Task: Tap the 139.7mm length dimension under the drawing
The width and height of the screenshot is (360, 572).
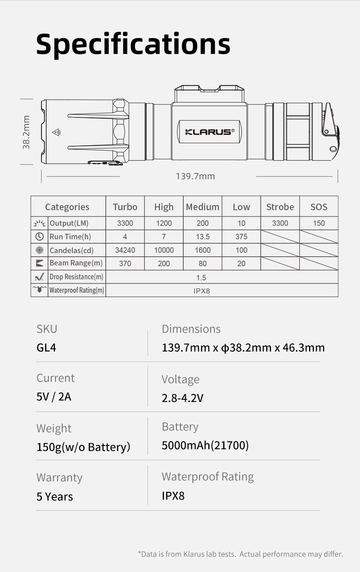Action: (x=195, y=176)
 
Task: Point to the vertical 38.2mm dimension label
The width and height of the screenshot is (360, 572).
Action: (x=26, y=132)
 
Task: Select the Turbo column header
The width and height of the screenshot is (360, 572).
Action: (x=125, y=207)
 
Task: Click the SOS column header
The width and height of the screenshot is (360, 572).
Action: (x=319, y=207)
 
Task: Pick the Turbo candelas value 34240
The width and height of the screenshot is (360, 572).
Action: (x=125, y=250)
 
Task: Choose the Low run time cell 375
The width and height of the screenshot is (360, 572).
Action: (x=241, y=237)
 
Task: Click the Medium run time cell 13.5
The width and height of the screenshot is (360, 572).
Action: (x=203, y=237)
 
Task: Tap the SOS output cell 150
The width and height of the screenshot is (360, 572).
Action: (x=319, y=223)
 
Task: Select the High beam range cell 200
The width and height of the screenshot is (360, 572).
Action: (x=164, y=264)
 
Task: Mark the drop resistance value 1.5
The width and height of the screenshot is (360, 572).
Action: (x=201, y=278)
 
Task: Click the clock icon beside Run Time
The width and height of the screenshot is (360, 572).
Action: (x=39, y=237)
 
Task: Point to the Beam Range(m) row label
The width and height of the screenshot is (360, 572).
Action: (x=76, y=263)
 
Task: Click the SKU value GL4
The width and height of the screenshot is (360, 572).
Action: (x=46, y=348)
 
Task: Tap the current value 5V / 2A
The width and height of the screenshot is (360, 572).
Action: (x=54, y=397)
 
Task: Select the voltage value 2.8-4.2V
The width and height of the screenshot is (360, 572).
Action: (x=183, y=398)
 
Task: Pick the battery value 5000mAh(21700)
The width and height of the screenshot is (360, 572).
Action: (x=205, y=445)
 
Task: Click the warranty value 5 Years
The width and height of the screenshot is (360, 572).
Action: (x=55, y=497)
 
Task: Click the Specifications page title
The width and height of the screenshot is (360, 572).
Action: (x=133, y=44)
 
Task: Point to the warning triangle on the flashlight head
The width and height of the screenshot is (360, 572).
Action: (x=56, y=132)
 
